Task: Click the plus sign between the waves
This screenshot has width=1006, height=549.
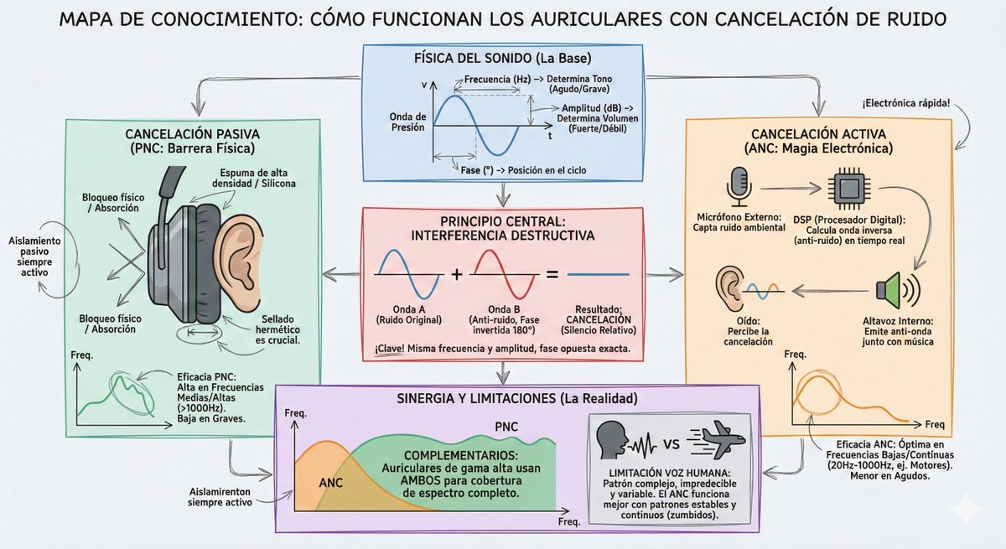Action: click(456, 274)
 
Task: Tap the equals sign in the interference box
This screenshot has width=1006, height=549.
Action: click(552, 274)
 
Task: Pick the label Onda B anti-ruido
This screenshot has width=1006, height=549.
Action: click(503, 315)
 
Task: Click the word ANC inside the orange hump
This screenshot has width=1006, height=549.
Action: click(331, 483)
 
